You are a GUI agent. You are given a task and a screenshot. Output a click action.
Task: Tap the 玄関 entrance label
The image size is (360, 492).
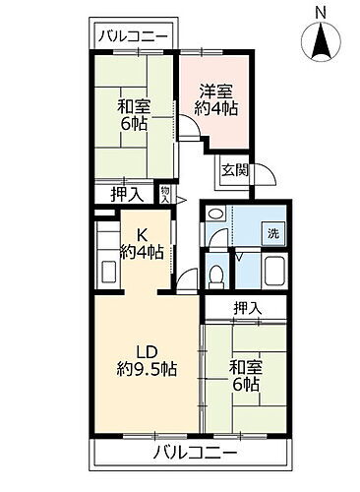(x=233, y=168)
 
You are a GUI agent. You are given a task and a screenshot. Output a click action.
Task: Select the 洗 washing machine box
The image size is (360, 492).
(x=274, y=234)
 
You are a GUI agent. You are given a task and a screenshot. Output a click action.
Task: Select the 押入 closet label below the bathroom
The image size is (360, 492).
(x=247, y=309)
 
